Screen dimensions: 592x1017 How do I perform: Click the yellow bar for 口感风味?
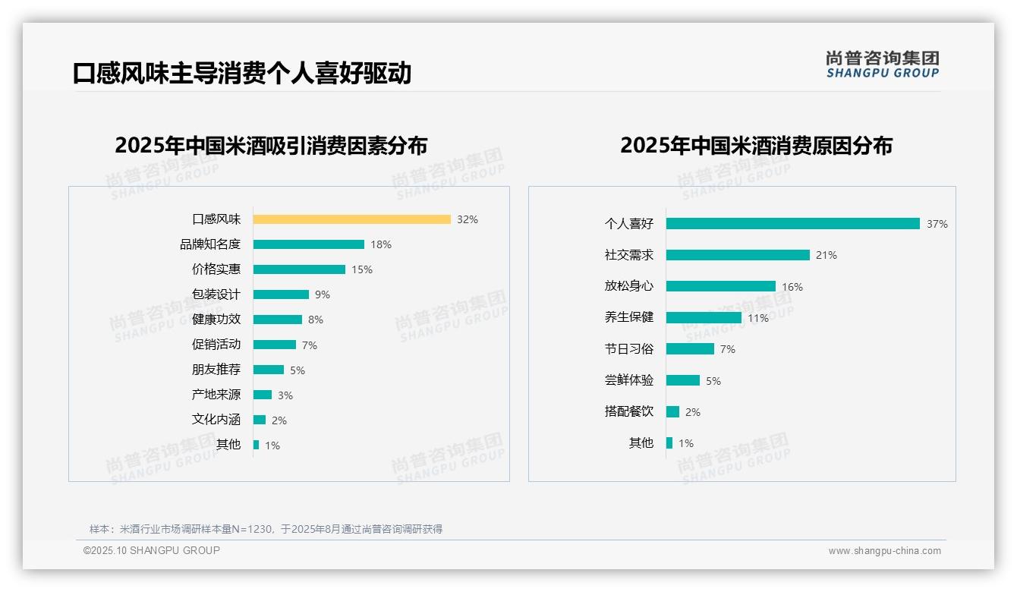point(351,219)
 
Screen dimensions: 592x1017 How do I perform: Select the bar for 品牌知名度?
point(308,244)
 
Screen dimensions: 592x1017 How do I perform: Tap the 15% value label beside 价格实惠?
point(362,269)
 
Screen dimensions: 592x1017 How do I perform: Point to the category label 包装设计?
point(216,294)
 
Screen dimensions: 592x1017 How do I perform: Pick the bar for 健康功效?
point(277,320)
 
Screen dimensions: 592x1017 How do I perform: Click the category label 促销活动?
point(216,345)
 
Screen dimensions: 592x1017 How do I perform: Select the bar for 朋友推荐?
point(268,370)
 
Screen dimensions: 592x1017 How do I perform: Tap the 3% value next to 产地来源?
point(285,395)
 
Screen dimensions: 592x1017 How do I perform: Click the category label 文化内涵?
point(216,420)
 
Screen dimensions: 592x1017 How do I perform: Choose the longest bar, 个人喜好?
point(792,224)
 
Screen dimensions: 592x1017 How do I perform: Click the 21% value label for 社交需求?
point(827,255)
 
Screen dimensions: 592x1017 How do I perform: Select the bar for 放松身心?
point(720,286)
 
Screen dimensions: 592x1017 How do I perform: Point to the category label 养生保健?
point(629,317)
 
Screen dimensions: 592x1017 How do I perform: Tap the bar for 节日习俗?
point(690,349)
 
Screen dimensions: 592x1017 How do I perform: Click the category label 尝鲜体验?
point(629,380)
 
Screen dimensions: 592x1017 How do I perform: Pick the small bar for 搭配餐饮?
point(672,411)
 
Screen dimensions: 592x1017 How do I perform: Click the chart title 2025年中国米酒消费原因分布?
point(756,146)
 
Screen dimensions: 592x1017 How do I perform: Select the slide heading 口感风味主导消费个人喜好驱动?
point(242,73)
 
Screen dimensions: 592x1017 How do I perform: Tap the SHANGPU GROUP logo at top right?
point(883,65)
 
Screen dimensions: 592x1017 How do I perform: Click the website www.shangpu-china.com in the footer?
point(884,551)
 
